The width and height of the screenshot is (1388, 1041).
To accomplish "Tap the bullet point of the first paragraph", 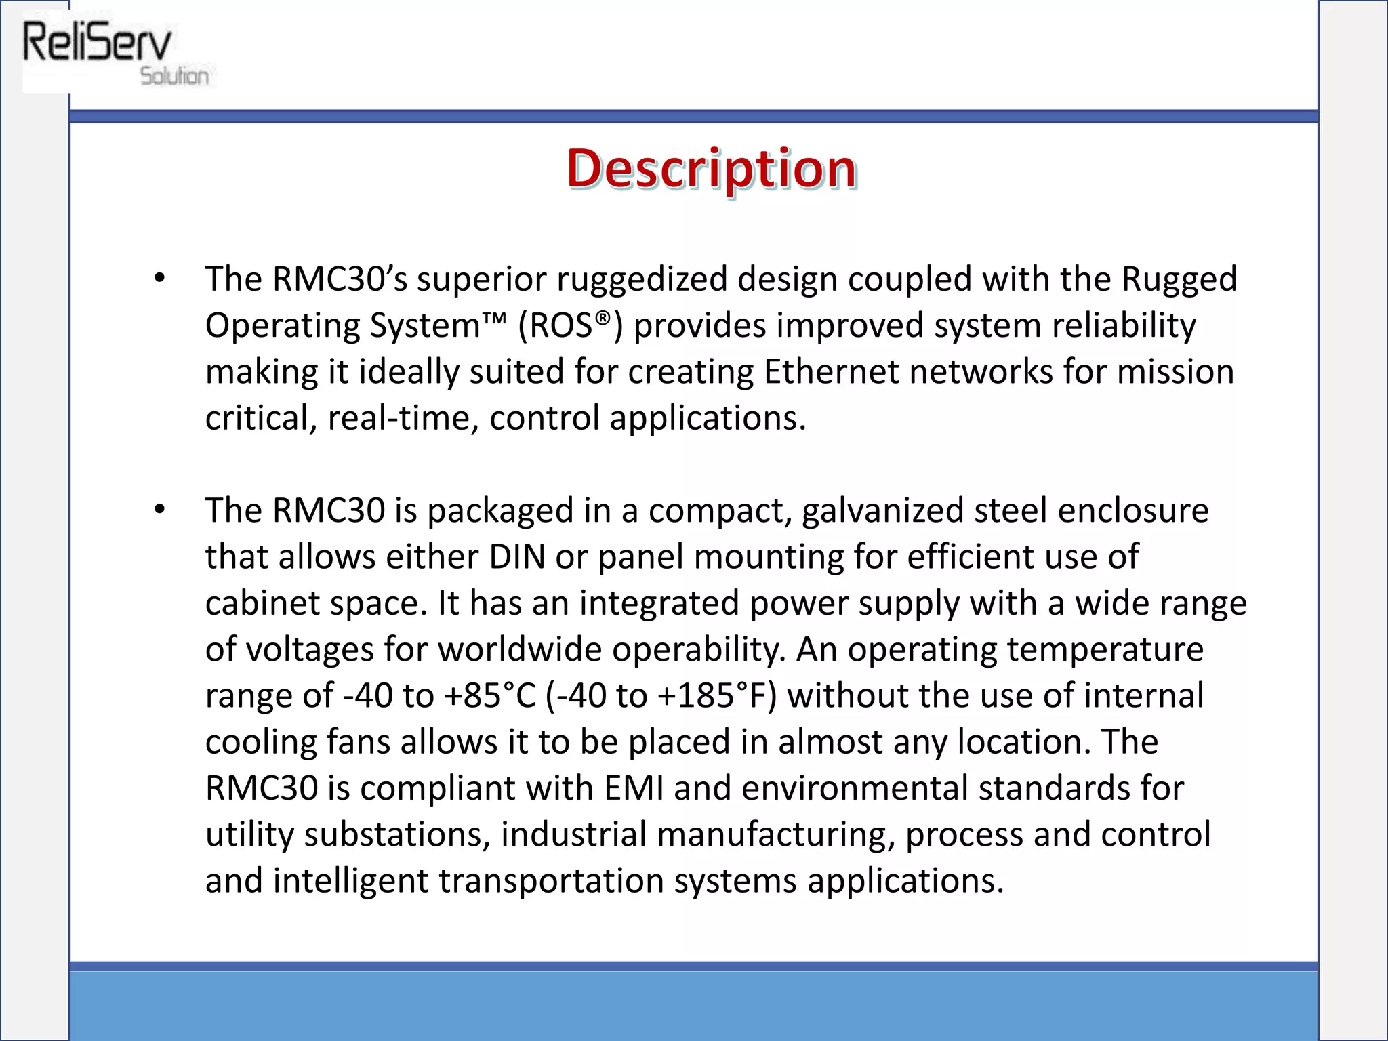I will pos(159,278).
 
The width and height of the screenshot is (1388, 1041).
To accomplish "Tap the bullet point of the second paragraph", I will pos(159,509).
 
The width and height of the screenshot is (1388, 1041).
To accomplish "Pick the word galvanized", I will pos(882,510).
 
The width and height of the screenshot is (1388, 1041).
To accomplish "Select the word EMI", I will pos(633,788).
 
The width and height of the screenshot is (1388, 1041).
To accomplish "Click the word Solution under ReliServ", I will pos(174,76).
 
